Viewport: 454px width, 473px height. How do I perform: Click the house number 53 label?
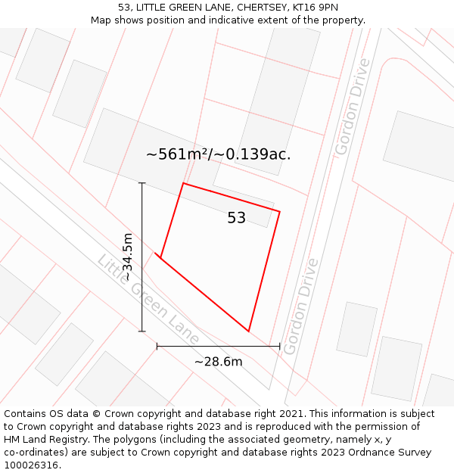coord(237,218)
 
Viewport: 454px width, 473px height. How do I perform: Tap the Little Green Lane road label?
coord(148,299)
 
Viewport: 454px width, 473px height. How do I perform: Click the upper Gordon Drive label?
coord(353,107)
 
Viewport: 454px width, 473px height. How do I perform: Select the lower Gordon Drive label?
coord(300,300)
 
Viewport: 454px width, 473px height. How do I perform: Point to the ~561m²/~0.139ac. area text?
coord(219,154)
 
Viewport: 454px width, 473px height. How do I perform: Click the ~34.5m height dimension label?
coord(128,257)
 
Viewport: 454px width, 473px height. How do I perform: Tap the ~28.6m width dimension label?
coord(219,362)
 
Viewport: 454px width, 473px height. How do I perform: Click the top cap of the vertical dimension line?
coord(142,183)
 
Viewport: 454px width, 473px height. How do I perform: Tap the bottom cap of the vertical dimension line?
coord(142,331)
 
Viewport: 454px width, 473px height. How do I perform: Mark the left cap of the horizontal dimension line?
coord(157,346)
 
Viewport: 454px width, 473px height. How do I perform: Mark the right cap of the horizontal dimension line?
coord(280,346)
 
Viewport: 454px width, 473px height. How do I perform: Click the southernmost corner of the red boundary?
coord(248,331)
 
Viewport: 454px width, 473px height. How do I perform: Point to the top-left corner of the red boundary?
coord(183,183)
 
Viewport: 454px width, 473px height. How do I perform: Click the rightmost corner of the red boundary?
coord(280,212)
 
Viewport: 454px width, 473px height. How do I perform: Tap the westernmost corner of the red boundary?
coord(160,257)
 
